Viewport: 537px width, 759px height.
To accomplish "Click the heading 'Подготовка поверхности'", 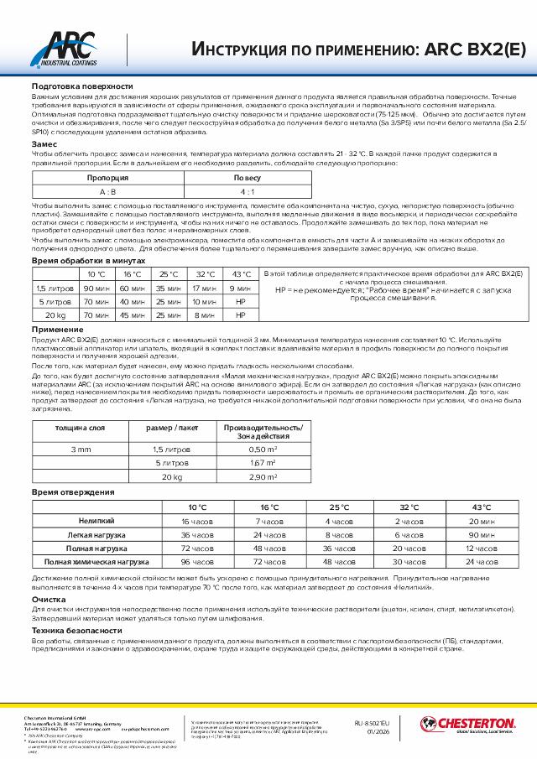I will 82,87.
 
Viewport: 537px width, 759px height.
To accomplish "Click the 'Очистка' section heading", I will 49,600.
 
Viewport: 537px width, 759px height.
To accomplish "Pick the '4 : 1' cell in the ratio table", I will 247,191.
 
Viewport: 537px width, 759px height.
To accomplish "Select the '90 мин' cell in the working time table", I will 96,288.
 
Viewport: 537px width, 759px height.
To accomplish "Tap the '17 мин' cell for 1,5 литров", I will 205,288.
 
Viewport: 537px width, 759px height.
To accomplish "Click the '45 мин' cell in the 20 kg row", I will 133,315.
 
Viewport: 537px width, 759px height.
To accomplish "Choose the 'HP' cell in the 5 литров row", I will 241,301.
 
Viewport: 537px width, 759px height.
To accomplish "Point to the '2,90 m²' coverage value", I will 263,476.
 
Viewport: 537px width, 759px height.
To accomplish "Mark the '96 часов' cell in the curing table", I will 198,561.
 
